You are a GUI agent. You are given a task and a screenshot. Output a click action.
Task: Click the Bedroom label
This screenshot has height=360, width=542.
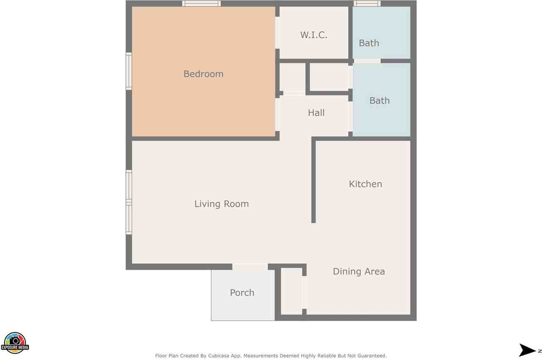point(204,74)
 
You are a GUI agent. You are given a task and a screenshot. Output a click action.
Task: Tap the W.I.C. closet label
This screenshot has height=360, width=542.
point(314,35)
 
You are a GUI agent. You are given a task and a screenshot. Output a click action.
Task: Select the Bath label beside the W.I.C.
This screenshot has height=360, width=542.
point(369,43)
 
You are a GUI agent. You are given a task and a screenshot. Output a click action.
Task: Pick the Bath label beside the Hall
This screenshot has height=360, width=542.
point(380,101)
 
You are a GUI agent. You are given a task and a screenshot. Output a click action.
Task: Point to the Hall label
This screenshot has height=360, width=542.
point(316,113)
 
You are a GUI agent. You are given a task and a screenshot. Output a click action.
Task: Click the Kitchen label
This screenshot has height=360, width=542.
point(365,184)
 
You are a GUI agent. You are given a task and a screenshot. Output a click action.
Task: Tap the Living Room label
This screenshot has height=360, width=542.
point(221,204)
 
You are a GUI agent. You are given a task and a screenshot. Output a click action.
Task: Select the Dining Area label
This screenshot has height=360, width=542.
point(359,271)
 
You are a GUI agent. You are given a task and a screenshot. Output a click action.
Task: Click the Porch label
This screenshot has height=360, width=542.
point(242,293)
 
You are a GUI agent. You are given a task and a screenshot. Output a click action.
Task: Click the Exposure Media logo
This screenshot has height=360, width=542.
point(15,343)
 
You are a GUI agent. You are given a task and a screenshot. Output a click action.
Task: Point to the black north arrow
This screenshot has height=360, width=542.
point(527,350)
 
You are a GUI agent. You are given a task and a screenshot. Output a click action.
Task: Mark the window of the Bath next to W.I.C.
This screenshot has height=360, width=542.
point(367,3)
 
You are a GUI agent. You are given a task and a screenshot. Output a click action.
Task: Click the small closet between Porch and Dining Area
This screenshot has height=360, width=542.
point(292,291)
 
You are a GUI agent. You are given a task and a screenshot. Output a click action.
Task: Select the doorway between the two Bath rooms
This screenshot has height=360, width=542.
point(367,61)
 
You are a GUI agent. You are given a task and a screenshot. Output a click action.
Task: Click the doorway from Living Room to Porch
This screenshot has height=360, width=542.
point(250,267)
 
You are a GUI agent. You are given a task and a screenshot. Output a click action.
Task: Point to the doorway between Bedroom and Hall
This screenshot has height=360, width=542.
point(277,115)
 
